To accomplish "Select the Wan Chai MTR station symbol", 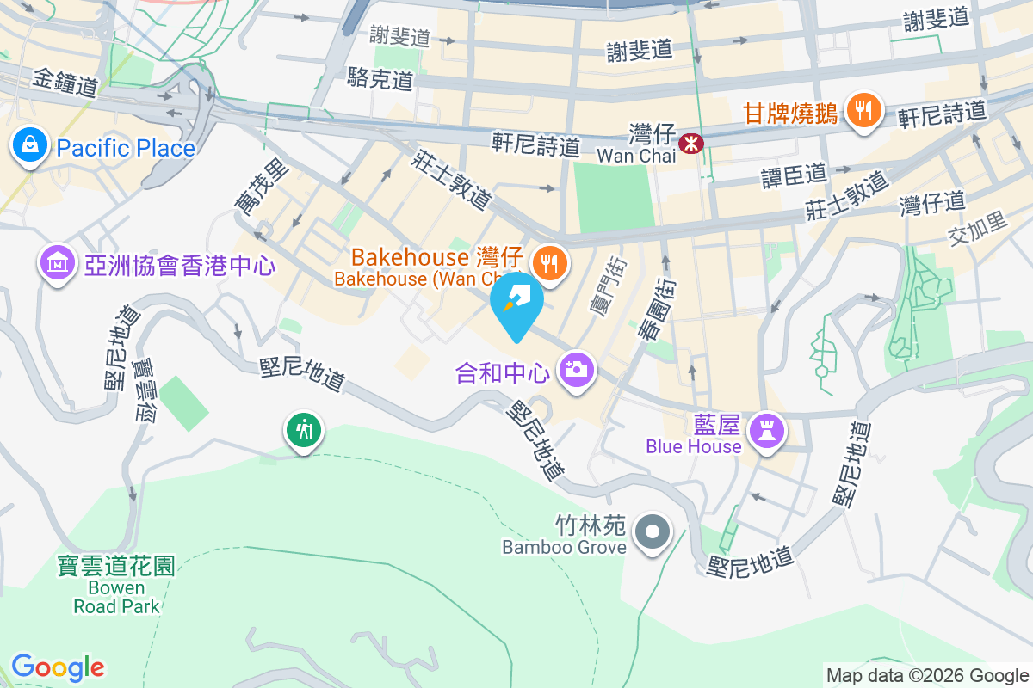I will [x=690, y=142].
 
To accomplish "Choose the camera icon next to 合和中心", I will [x=577, y=371].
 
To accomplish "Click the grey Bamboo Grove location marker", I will [x=653, y=532].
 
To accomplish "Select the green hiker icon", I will [x=303, y=428].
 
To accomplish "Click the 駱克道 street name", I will [x=380, y=80].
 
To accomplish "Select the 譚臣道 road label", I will [x=794, y=175].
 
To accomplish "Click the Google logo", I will [x=58, y=666].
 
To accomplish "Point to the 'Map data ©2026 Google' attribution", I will [x=927, y=675].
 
